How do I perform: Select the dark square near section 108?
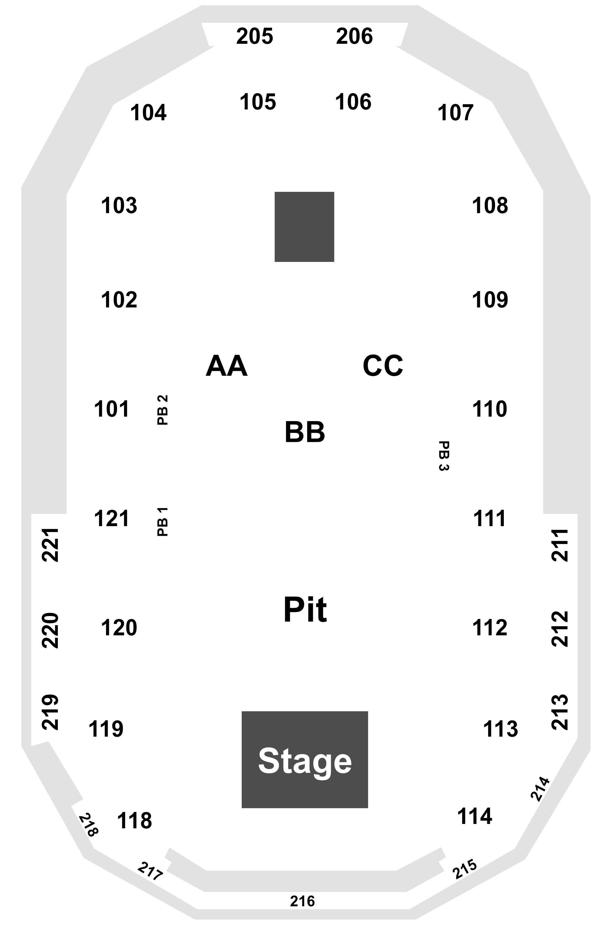pyautogui.click(x=304, y=227)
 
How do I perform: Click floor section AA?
pyautogui.click(x=227, y=366)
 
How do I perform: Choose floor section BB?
pyautogui.click(x=305, y=432)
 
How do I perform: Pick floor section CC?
pyautogui.click(x=383, y=366)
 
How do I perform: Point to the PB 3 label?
pyautogui.click(x=444, y=456)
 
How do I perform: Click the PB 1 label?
pyautogui.click(x=163, y=522)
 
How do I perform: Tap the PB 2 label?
pyautogui.click(x=163, y=410)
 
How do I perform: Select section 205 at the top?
pyautogui.click(x=255, y=36)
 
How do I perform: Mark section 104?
pyautogui.click(x=149, y=113)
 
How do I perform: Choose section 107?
pyautogui.click(x=455, y=113)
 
